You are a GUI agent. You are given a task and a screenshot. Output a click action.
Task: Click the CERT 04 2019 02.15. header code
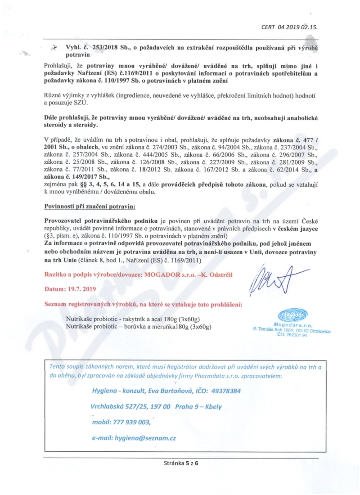pyautogui.click(x=289, y=27)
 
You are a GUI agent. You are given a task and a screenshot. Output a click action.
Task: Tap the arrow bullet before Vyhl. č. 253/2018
pyautogui.click(x=54, y=47)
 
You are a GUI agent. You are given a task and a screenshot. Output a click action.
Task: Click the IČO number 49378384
pyautogui.click(x=225, y=391)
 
